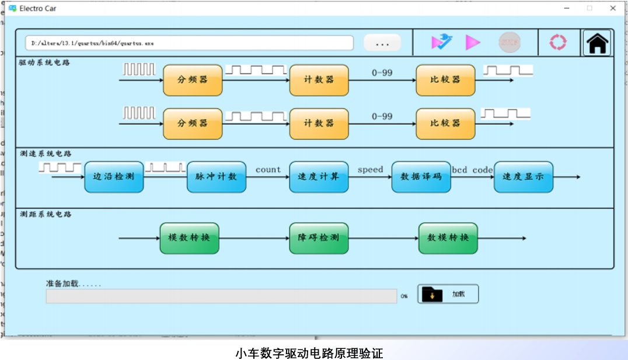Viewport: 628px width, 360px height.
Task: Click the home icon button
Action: coord(597,43)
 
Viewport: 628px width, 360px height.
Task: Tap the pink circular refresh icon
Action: coord(558,43)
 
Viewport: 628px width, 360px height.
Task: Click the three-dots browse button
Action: coord(382,43)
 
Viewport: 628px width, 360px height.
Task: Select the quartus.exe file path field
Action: coord(189,43)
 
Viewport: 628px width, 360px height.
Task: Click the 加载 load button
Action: coord(448,294)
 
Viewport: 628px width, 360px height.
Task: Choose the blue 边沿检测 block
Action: coord(114,177)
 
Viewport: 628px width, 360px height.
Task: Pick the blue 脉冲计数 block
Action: coord(217,177)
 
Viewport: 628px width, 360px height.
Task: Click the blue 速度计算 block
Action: coord(319,177)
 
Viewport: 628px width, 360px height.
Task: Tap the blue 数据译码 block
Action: coord(421,177)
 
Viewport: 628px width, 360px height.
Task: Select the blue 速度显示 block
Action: coord(524,177)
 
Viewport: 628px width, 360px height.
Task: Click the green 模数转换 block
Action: coord(189,238)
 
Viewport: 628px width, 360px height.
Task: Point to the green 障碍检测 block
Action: coord(319,238)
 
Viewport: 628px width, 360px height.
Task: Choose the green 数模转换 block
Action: coord(448,238)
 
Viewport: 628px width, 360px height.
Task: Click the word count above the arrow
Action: coord(268,170)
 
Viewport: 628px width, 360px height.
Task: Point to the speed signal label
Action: coord(370,170)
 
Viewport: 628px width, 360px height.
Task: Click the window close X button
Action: coord(613,8)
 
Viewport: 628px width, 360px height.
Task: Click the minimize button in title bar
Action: coord(567,8)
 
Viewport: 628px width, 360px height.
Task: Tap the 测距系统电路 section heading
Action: coord(46,214)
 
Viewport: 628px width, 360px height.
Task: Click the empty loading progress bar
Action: coord(221,296)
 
